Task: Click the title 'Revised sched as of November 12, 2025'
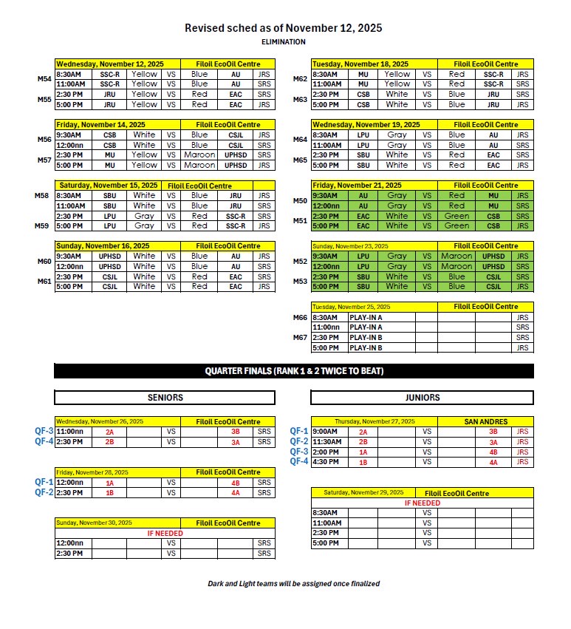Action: coord(284,28)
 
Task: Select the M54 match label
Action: coord(44,78)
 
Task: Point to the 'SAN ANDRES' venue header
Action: coord(485,421)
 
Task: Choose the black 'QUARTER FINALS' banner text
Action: coord(294,371)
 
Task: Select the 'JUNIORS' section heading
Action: coord(423,398)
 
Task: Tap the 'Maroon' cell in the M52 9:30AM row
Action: coord(456,256)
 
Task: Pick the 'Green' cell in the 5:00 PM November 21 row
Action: coord(457,225)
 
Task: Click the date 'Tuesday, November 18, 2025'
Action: coord(360,64)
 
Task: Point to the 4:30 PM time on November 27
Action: coord(326,462)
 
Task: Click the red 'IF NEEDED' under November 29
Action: coord(423,503)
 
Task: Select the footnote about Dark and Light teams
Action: coord(294,584)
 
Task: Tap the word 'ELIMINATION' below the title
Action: coord(284,42)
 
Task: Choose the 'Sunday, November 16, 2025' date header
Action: coord(103,246)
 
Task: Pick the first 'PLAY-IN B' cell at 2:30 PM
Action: coord(366,337)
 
